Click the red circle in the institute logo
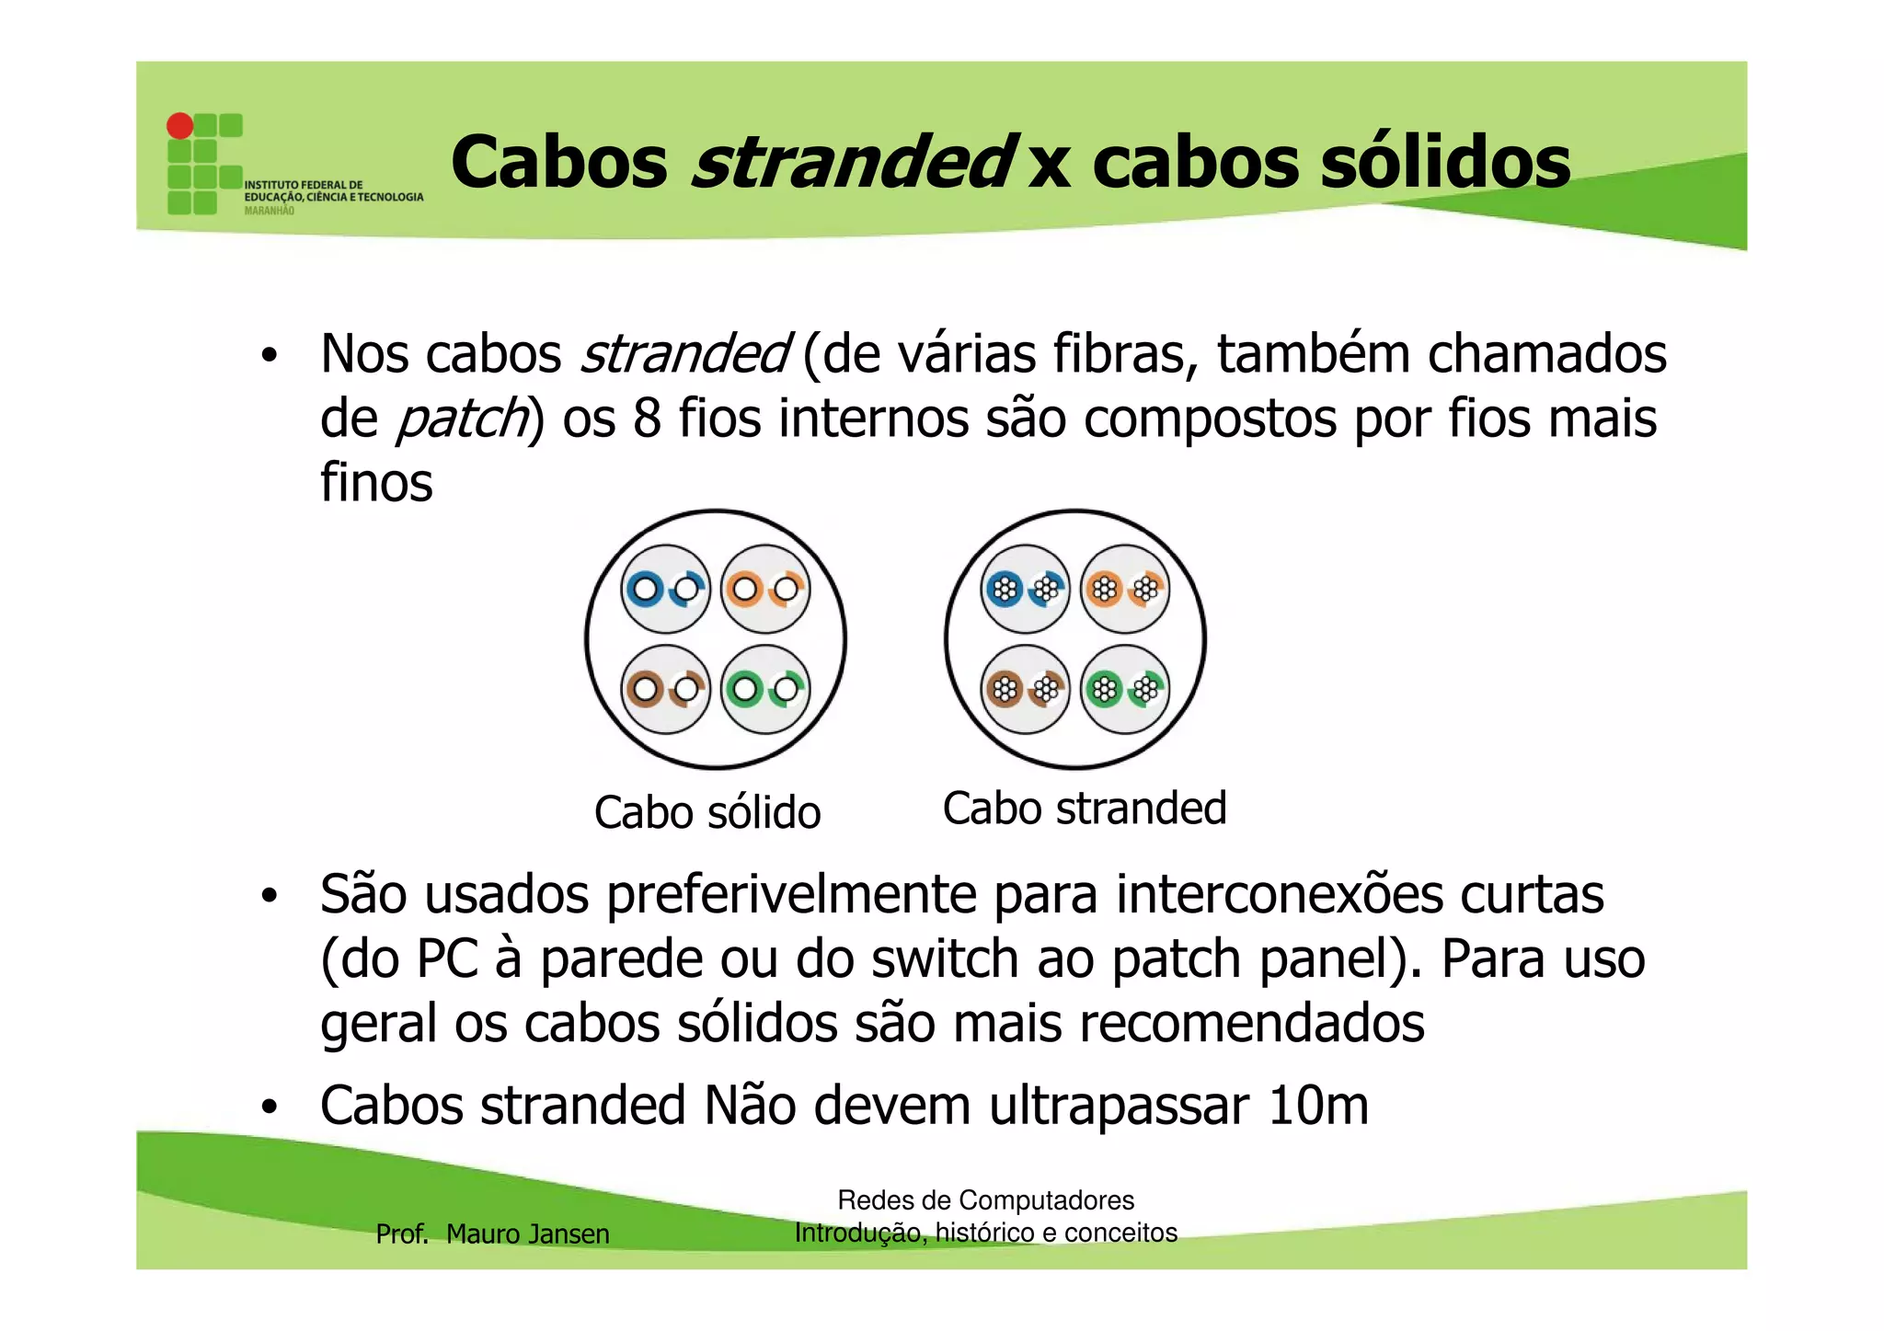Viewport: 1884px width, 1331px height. pyautogui.click(x=179, y=125)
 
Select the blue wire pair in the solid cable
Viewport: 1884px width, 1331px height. pyautogui.click(x=665, y=589)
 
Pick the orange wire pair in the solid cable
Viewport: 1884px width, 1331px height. pyautogui.click(x=765, y=589)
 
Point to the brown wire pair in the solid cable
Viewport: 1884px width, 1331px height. pyautogui.click(x=665, y=689)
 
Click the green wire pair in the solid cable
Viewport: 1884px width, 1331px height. pyautogui.click(x=765, y=689)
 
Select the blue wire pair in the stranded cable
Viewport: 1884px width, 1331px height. pyautogui.click(x=1025, y=589)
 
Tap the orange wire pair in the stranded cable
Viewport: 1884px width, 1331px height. pyautogui.click(x=1125, y=589)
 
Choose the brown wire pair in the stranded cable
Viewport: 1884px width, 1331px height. pyautogui.click(x=1025, y=689)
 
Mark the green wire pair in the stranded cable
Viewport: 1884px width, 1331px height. pyautogui.click(x=1125, y=689)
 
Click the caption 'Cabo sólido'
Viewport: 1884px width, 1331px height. pyautogui.click(x=706, y=812)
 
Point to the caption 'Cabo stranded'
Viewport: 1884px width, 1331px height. pyautogui.click(x=1085, y=809)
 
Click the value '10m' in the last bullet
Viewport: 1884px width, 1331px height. pyautogui.click(x=1317, y=1106)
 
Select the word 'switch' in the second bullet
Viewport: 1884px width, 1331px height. pyautogui.click(x=945, y=959)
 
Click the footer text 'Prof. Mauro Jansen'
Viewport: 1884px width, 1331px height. pyautogui.click(x=492, y=1233)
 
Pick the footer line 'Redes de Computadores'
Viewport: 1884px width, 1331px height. pyautogui.click(x=985, y=1200)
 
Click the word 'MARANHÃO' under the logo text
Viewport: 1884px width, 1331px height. pyautogui.click(x=270, y=211)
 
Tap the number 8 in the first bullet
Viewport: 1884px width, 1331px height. pyautogui.click(x=647, y=419)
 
